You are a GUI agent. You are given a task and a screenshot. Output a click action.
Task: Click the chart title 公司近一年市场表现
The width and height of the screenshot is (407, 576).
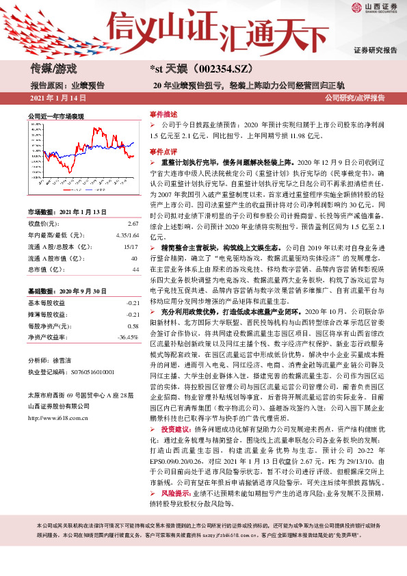point(55,117)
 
